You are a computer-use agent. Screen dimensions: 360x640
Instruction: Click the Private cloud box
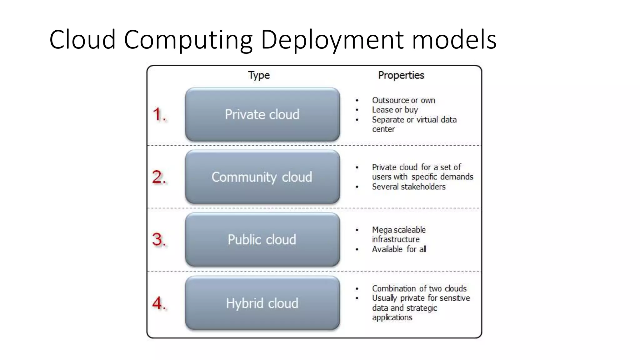tap(262, 114)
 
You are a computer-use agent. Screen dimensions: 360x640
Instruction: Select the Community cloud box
tap(262, 177)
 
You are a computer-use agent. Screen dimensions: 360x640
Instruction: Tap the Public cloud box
tap(262, 240)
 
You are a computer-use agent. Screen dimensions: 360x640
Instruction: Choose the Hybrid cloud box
tap(262, 303)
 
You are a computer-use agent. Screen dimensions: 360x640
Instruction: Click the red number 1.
tap(159, 114)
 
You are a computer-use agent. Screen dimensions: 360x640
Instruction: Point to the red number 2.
tap(159, 177)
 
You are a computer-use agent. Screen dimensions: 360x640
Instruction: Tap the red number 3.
tap(159, 240)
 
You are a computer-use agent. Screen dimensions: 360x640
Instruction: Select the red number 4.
tap(159, 303)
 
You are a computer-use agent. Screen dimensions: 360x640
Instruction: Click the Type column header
tap(259, 75)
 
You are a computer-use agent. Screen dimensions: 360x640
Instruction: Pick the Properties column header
tap(401, 75)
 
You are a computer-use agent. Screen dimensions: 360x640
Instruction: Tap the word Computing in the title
tap(188, 40)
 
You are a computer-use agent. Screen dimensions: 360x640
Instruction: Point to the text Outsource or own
tap(403, 100)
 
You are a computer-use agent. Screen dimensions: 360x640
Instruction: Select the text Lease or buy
tap(395, 110)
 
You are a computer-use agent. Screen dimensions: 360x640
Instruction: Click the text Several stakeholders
tap(409, 187)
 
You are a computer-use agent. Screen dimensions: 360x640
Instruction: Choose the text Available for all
tap(399, 249)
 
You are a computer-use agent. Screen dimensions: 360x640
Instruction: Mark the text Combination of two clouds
tap(419, 288)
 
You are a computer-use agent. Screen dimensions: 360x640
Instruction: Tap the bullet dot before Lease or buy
tap(357, 110)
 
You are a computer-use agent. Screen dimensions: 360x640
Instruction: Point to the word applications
tap(392, 317)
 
